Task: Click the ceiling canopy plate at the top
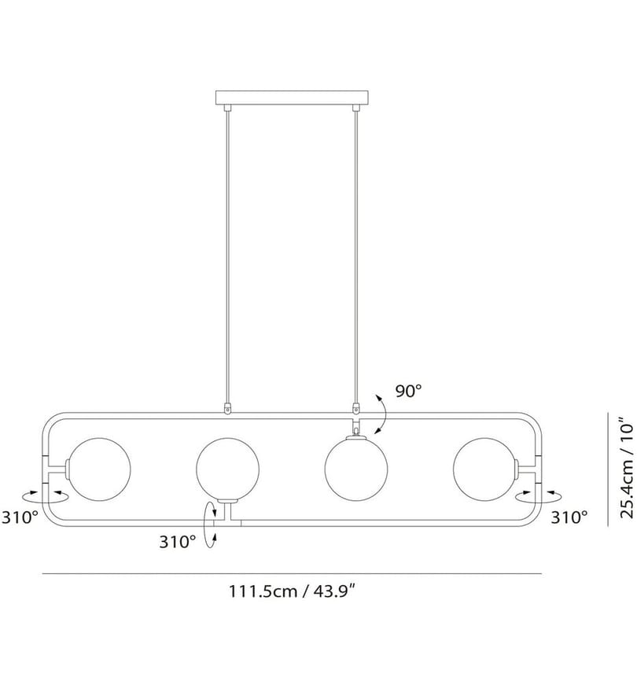click(291, 98)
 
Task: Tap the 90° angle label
click(408, 391)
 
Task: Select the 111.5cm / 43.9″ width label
click(292, 591)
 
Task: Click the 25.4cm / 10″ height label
click(627, 468)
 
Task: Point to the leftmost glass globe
click(100, 469)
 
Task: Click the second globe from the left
click(228, 469)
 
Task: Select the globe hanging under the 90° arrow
click(356, 469)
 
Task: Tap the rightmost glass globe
click(484, 469)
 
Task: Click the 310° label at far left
click(20, 517)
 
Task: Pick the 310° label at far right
click(569, 517)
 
